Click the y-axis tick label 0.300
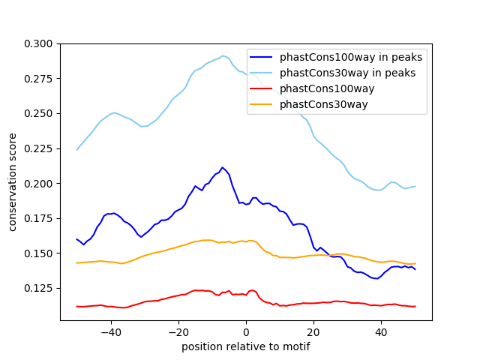pyautogui.click(x=38, y=43)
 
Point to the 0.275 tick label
pyautogui.click(x=38, y=79)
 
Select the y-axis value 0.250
pyautogui.click(x=38, y=113)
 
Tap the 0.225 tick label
pyautogui.click(x=38, y=148)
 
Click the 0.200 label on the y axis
pyautogui.click(x=38, y=184)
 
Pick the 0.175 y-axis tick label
pyautogui.click(x=38, y=218)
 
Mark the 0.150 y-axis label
pyautogui.click(x=38, y=253)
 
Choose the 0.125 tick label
pyautogui.click(x=38, y=288)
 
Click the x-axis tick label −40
pyautogui.click(x=111, y=332)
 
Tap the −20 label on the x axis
pyautogui.click(x=178, y=332)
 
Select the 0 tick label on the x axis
pyautogui.click(x=246, y=332)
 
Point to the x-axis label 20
pyautogui.click(x=313, y=332)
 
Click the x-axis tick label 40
pyautogui.click(x=381, y=332)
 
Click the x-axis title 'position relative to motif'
pyautogui.click(x=246, y=346)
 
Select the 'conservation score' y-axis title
pyautogui.click(x=12, y=182)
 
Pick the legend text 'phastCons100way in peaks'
pyautogui.click(x=351, y=57)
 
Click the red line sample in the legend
pyautogui.click(x=261, y=88)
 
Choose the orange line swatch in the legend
pyautogui.click(x=261, y=104)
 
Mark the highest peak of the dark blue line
pyautogui.click(x=222, y=167)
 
